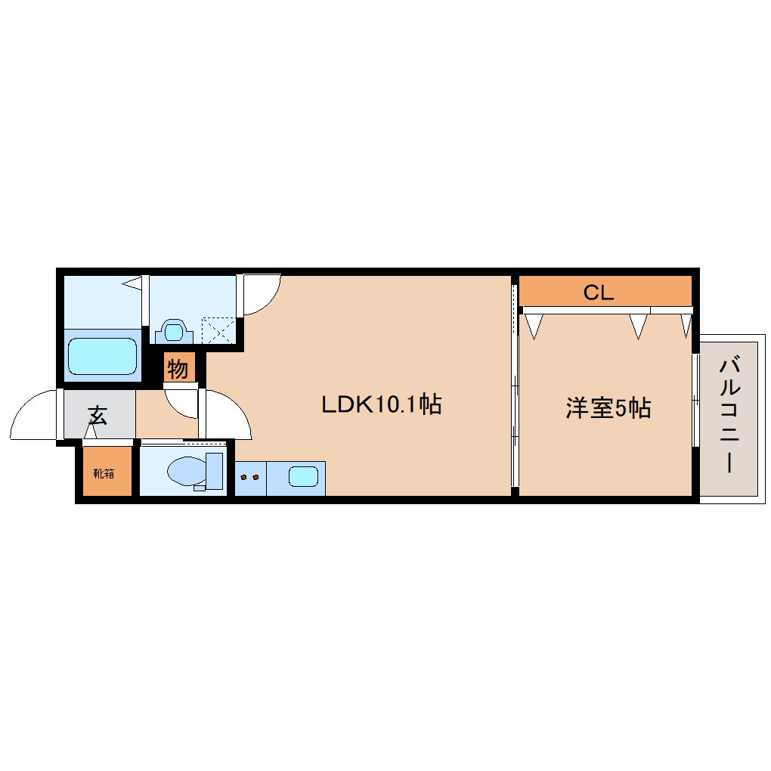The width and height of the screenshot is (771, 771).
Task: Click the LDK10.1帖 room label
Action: click(x=381, y=404)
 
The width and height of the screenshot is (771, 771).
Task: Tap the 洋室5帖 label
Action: click(x=608, y=408)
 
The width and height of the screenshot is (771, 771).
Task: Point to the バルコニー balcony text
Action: click(x=729, y=416)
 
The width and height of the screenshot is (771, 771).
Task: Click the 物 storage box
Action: click(x=178, y=370)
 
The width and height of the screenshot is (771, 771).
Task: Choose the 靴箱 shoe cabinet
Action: click(x=104, y=474)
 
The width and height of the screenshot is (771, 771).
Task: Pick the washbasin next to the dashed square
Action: click(x=175, y=331)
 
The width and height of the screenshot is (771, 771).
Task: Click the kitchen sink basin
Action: click(x=303, y=477)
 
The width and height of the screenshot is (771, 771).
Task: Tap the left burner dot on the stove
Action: click(x=244, y=478)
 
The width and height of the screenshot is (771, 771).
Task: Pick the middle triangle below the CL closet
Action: click(x=639, y=326)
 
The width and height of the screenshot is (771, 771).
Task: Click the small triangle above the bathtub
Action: click(x=132, y=284)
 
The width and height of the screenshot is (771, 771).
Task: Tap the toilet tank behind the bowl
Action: click(x=215, y=472)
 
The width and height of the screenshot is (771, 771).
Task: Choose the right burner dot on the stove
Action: click(x=255, y=478)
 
